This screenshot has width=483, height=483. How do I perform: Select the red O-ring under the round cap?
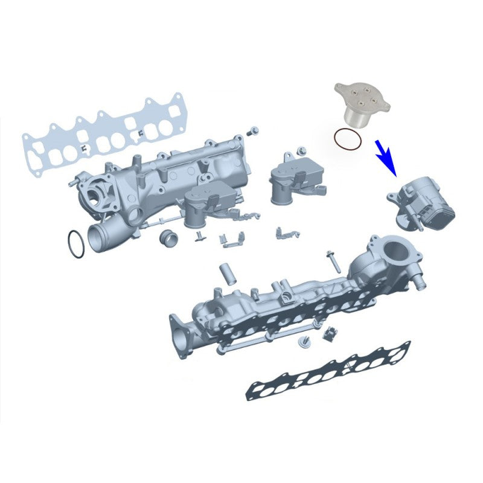point(348,140)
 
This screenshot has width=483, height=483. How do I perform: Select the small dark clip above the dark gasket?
point(329,333)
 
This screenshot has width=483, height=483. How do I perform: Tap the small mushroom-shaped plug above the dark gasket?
point(303,342)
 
